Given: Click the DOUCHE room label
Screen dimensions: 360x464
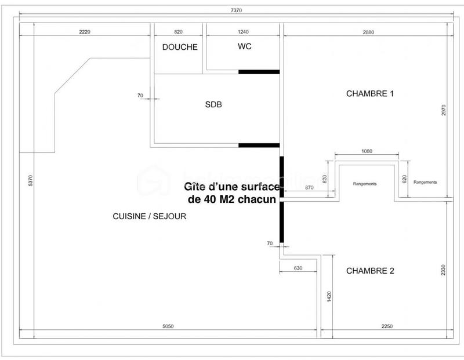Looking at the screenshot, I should coord(180,48).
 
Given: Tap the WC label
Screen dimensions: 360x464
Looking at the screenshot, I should coord(244,46).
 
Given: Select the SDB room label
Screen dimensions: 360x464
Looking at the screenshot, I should coord(214,105).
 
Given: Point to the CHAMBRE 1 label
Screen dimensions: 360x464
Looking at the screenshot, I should coord(370,93).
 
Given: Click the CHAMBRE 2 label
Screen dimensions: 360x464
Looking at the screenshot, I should coord(370,271).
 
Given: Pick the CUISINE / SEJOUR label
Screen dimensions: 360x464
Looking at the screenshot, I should coord(150,216).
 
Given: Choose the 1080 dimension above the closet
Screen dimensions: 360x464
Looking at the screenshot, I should coord(366,151).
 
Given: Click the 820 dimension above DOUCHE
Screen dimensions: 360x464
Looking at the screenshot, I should coord(179,32).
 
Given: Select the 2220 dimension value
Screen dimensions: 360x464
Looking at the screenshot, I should coord(86,32).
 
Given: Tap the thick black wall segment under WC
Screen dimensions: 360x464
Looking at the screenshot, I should coord(259,72).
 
